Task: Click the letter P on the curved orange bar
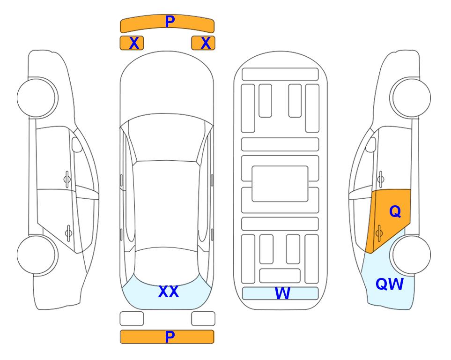(x=170, y=21)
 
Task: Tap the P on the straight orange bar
(x=170, y=337)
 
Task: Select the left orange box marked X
(x=132, y=43)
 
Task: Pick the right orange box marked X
(x=203, y=43)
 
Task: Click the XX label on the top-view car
(x=169, y=292)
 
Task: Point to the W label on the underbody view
(x=282, y=293)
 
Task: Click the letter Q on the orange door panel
(x=395, y=212)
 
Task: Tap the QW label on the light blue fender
(x=390, y=284)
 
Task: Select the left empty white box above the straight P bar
(x=132, y=319)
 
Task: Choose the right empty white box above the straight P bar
(x=203, y=319)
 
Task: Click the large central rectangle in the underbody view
(x=280, y=184)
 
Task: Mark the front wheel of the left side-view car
(x=37, y=98)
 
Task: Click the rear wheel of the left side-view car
(x=37, y=255)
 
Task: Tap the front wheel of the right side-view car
(x=410, y=98)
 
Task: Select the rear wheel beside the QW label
(x=410, y=255)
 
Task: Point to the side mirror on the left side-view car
(x=77, y=144)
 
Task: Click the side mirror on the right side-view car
(x=371, y=144)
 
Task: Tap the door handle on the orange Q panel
(x=379, y=232)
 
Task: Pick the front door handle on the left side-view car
(x=67, y=179)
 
